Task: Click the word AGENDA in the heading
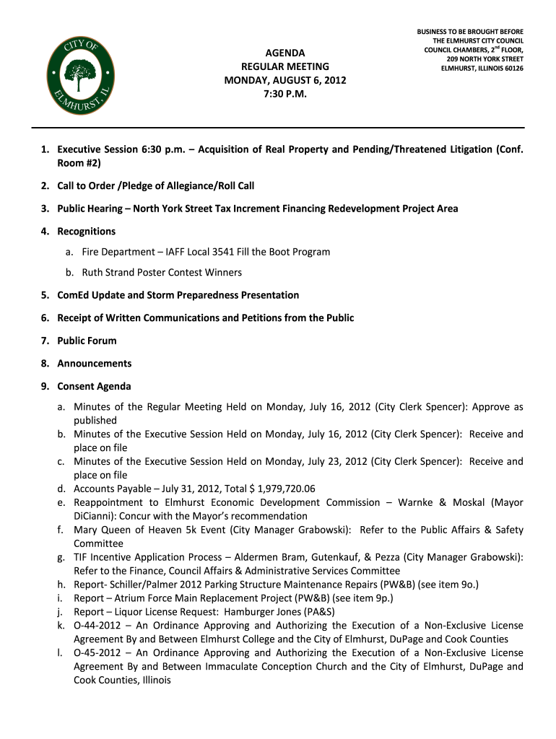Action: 285,53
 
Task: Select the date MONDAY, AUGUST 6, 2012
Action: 285,80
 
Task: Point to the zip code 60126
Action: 511,69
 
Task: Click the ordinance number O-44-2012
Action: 97,626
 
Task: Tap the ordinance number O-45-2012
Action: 97,653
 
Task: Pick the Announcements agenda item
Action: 94,364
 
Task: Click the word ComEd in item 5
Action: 73,295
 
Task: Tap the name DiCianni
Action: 95,516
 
